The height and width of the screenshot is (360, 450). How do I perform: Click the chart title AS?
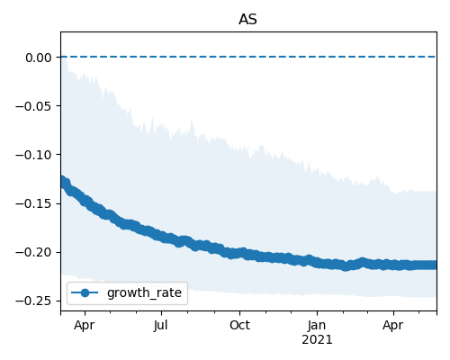[x=247, y=20]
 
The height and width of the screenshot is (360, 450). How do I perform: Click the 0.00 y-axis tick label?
[x=39, y=58]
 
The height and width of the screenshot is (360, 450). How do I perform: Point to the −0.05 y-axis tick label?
[x=33, y=106]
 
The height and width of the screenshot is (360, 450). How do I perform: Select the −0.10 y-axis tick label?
[x=33, y=155]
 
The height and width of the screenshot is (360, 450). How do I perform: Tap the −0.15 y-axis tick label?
[x=33, y=203]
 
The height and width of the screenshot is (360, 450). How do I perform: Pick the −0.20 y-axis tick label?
[x=33, y=252]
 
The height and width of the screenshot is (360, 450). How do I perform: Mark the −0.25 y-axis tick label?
[x=33, y=301]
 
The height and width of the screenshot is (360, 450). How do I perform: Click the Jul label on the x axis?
[x=161, y=325]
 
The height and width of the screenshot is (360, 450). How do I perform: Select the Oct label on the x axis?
[x=239, y=325]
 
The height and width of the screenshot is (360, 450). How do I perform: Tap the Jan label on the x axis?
[x=317, y=325]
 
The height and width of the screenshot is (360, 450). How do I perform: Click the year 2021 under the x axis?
[x=317, y=340]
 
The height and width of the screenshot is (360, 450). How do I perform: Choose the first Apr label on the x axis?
[x=85, y=326]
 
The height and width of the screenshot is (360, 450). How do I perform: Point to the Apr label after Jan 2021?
[x=393, y=326]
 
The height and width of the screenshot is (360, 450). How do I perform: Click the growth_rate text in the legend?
[x=144, y=292]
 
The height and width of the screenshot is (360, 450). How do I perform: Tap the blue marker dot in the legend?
[x=85, y=292]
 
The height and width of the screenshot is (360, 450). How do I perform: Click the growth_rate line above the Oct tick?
[x=239, y=254]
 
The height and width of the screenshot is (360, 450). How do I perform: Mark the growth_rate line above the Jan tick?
[x=317, y=263]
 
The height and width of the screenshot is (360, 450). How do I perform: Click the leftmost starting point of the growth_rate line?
[x=61, y=182]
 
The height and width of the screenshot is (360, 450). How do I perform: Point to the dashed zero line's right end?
[x=436, y=57]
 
